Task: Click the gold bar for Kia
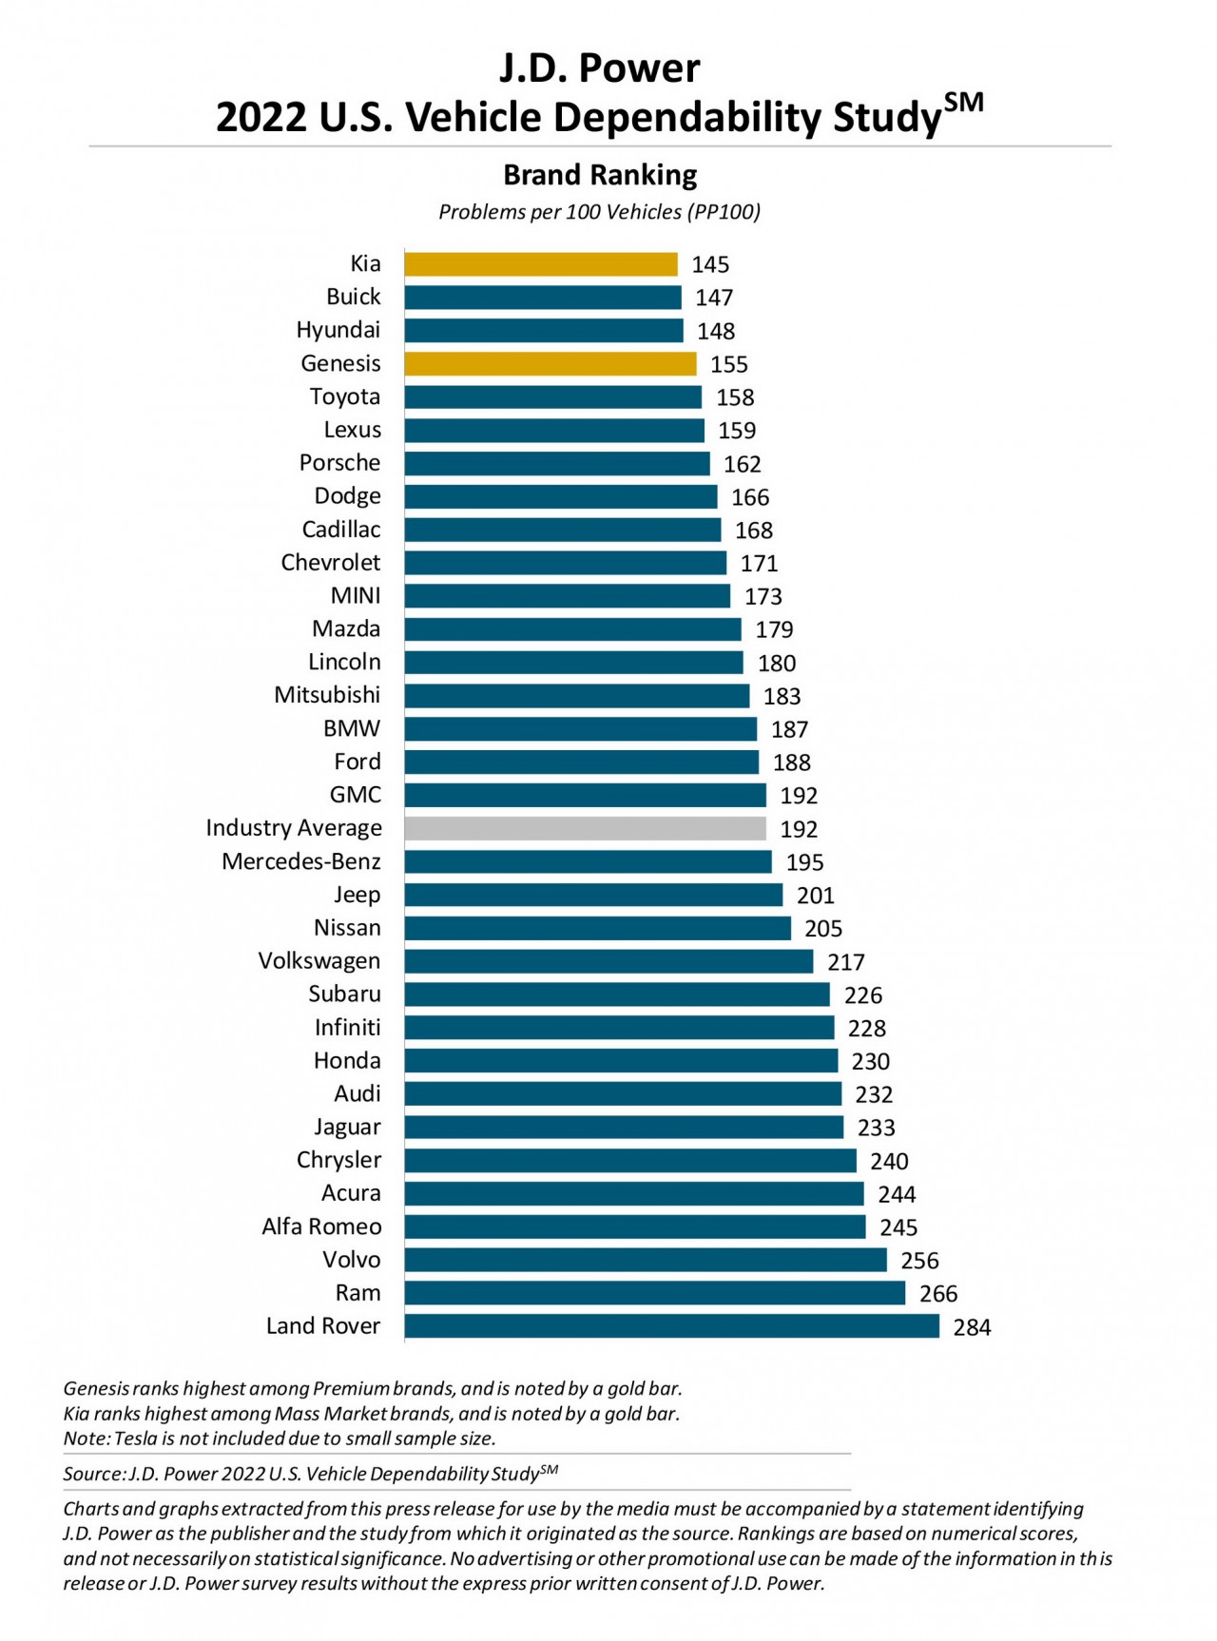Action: (x=540, y=264)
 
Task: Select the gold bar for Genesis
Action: (x=550, y=364)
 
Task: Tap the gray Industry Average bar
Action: (x=585, y=829)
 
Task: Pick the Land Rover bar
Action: (x=671, y=1326)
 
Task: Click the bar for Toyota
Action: (x=552, y=397)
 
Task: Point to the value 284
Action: (x=972, y=1327)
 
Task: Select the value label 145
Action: (x=710, y=265)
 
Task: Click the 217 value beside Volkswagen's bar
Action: (x=845, y=962)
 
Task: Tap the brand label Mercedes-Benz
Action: (x=301, y=861)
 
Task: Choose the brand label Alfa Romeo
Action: (x=321, y=1226)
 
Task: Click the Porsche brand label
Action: (x=339, y=463)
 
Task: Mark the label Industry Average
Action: (x=294, y=828)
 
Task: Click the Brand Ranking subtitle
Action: (x=600, y=175)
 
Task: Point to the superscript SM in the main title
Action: (x=963, y=103)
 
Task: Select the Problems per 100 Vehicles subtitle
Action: (x=599, y=212)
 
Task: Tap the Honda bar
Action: (x=621, y=1061)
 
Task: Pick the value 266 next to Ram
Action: (x=938, y=1294)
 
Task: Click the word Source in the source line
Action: (x=92, y=1475)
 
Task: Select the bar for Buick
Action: (x=542, y=298)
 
